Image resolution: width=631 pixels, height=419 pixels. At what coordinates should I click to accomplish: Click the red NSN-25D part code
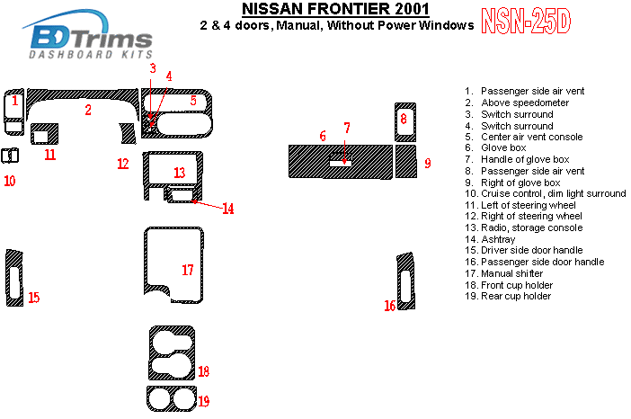(x=525, y=22)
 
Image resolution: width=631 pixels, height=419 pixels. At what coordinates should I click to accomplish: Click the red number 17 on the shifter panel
(x=188, y=270)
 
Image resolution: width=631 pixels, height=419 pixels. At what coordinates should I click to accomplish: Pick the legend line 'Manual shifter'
(x=511, y=273)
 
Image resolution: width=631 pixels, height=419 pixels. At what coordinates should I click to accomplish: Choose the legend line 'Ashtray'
(x=495, y=239)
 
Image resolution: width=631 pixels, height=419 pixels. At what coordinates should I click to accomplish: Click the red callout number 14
(x=228, y=209)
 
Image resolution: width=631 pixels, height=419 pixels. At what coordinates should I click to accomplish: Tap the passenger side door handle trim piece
(x=406, y=281)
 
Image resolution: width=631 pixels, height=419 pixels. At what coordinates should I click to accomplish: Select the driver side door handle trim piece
(x=13, y=276)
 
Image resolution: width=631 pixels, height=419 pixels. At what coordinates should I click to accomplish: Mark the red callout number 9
(x=428, y=163)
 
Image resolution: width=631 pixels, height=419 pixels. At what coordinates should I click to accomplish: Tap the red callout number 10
(x=9, y=181)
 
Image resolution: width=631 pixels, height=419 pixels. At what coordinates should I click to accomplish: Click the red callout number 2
(x=88, y=111)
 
